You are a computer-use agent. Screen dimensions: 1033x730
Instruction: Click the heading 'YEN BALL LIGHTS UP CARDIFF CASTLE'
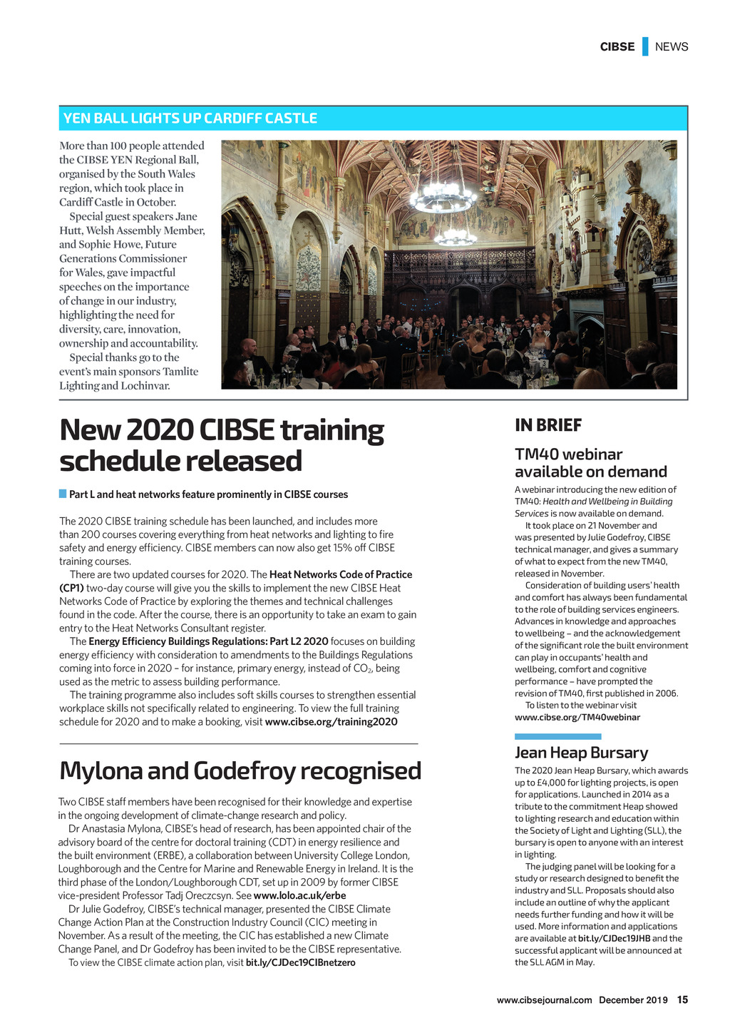[190, 118]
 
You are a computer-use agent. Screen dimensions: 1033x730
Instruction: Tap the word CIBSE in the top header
[617, 47]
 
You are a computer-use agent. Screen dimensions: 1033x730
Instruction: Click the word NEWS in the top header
[672, 47]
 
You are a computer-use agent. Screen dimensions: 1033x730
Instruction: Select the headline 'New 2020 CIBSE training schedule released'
[222, 445]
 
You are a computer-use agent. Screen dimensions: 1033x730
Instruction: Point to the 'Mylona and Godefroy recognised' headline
[240, 771]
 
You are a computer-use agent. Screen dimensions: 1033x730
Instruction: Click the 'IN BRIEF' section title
[548, 426]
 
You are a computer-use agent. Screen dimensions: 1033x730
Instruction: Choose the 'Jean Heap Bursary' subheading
[581, 753]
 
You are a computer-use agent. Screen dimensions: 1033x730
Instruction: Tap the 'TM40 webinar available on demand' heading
[591, 463]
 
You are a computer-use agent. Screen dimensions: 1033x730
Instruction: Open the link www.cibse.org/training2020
[331, 722]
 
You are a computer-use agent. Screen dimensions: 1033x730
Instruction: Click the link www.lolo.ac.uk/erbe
[299, 896]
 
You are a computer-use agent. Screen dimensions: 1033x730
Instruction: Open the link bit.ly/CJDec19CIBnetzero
[300, 963]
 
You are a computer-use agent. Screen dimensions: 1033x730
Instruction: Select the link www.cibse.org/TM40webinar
[577, 717]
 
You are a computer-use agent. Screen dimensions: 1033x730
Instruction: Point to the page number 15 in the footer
[682, 1000]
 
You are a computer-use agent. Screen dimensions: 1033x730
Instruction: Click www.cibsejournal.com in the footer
[544, 1000]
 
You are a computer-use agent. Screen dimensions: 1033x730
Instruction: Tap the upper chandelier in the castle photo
[442, 194]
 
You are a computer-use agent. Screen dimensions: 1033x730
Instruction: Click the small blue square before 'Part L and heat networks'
[63, 494]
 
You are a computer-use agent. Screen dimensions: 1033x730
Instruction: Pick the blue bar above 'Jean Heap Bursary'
[557, 736]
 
